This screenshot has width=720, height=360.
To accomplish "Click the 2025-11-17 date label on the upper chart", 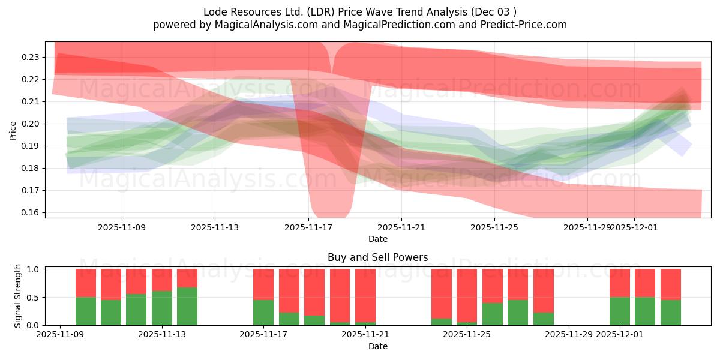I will click(x=308, y=227).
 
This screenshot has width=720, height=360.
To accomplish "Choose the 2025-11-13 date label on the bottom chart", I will click(x=162, y=335).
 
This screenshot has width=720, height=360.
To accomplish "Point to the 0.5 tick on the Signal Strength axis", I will click(x=34, y=297).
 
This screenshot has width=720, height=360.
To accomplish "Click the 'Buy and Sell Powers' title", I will click(x=377, y=257).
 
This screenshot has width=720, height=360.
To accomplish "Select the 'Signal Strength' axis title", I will click(x=18, y=296).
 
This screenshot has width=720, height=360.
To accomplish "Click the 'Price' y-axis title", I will click(x=13, y=130).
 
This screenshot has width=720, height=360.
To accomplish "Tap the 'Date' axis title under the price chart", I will click(x=377, y=239).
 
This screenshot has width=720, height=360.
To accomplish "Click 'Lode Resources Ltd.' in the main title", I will click(x=247, y=12).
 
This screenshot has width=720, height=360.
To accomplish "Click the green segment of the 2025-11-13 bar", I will click(x=187, y=306).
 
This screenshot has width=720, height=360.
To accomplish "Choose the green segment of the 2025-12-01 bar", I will click(x=620, y=311).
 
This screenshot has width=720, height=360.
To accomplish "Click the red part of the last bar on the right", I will click(x=671, y=284).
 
